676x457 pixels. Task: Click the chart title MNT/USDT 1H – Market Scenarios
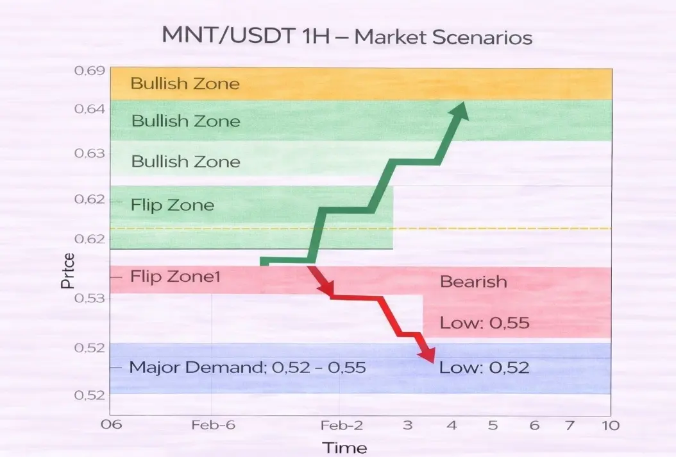coord(347,36)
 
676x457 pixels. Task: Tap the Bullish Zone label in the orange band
coord(185,83)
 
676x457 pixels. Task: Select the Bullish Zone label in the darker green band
coord(186,121)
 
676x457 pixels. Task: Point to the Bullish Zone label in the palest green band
coord(186,161)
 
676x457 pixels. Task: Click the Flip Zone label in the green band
coord(173,205)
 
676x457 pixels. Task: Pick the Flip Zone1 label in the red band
coord(175,276)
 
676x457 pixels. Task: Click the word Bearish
coord(473,282)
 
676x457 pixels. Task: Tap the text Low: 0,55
coord(485,323)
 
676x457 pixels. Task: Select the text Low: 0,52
coord(484,367)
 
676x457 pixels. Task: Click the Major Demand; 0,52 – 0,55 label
coord(248,367)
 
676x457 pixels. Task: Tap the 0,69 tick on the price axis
coord(90,71)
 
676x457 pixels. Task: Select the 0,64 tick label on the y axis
coord(90,108)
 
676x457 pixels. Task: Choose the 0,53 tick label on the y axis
coord(90,298)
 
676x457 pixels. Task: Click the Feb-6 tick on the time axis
coord(214,425)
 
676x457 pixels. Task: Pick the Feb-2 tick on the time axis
coord(342,426)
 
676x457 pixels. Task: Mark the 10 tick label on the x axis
coord(611,426)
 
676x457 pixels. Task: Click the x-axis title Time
coord(345,448)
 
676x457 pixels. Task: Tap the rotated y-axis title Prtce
coord(68,271)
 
